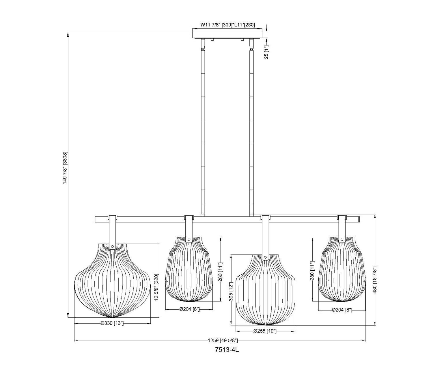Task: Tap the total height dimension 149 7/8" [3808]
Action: point(65,168)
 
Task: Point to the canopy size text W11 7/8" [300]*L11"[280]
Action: point(227,25)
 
